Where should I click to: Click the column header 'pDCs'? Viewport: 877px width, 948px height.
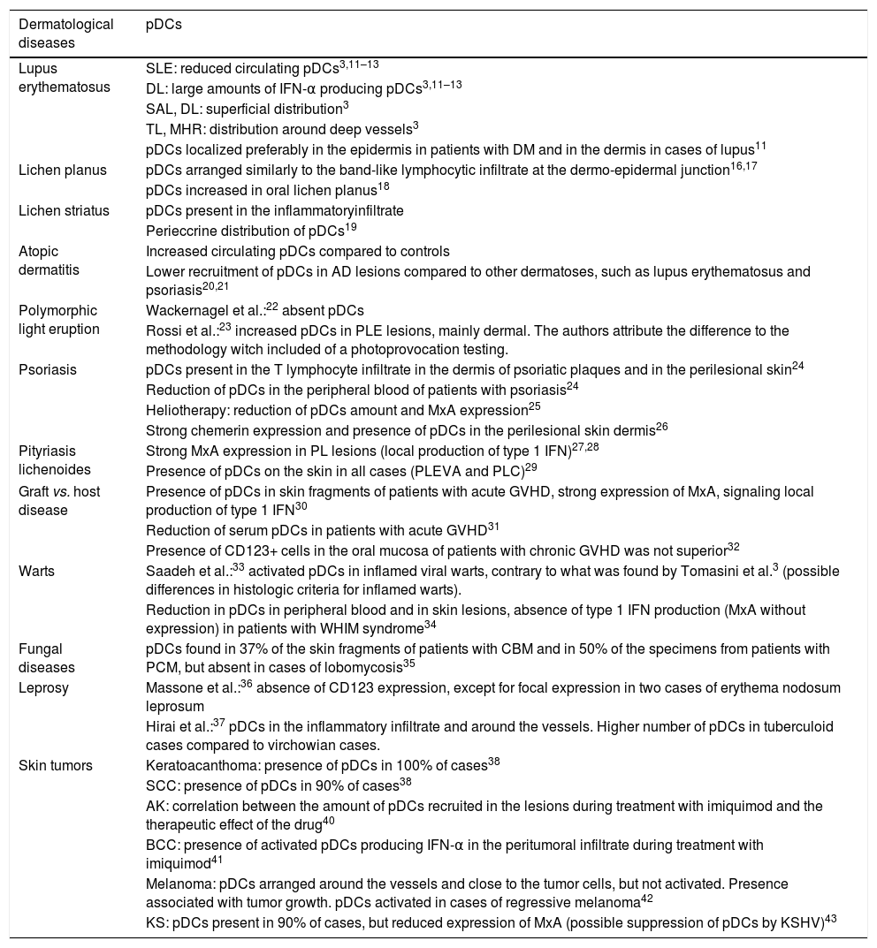164,25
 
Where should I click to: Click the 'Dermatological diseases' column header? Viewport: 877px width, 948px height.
66,33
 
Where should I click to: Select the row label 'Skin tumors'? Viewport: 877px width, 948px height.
56,765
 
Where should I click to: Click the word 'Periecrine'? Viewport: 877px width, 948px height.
180,231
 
